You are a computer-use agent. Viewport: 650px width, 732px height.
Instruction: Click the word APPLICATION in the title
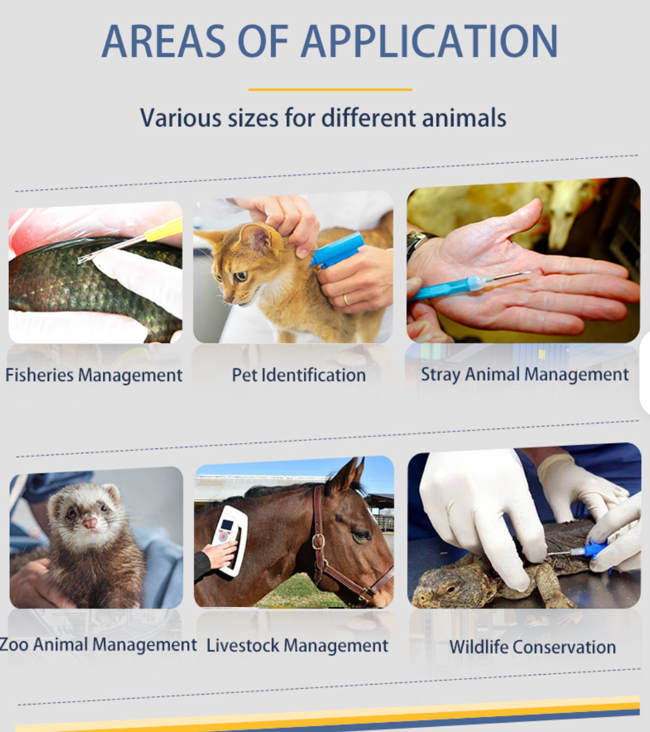430,42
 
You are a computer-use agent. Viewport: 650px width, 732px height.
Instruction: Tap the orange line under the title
330,89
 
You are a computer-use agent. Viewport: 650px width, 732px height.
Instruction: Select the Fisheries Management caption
94,375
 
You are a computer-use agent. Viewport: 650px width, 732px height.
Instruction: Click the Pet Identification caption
299,375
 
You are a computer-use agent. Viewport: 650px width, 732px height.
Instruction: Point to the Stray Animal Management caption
525,374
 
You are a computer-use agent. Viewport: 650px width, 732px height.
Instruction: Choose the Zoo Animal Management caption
98,644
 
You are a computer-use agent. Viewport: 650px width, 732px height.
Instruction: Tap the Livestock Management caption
297,645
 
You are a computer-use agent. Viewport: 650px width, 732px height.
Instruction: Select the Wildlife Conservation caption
533,647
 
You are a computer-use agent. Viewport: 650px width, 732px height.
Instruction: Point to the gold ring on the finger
346,300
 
